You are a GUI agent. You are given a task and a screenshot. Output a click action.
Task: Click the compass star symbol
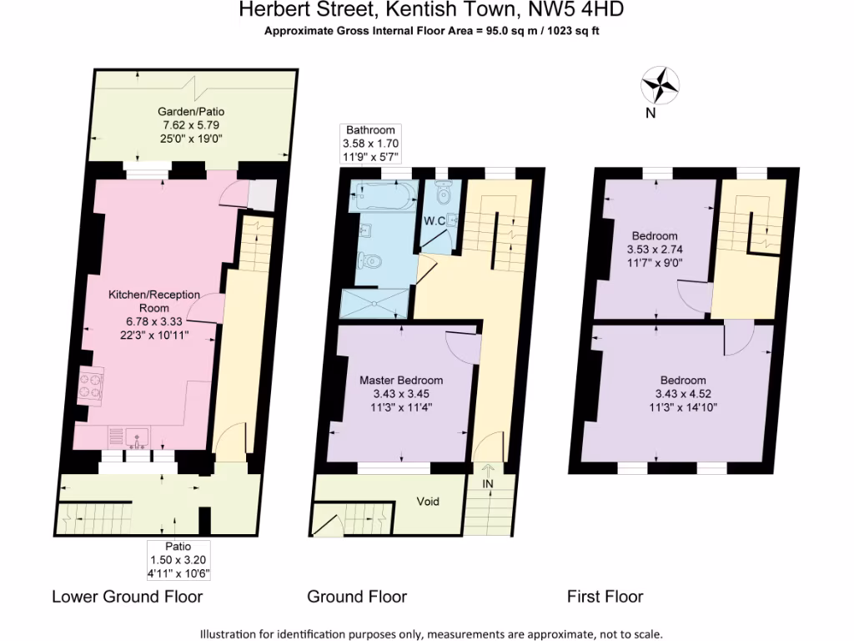click(660, 84)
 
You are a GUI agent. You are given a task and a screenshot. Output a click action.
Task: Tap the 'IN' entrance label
click(488, 484)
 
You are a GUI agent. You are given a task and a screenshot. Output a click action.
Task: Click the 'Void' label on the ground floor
click(427, 502)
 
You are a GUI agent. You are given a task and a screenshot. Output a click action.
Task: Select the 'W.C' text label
click(434, 221)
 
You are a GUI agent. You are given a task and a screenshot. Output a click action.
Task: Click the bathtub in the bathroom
click(384, 196)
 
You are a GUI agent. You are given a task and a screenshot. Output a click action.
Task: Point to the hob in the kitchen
click(90, 386)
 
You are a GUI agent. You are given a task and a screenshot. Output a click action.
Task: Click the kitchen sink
click(137, 437)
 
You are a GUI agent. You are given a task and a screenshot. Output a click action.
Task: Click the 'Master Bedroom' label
click(400, 380)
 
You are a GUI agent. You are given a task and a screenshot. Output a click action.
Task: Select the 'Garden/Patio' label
click(192, 111)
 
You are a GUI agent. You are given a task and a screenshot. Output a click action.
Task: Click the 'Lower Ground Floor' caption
click(127, 597)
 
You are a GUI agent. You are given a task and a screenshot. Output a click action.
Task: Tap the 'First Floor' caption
click(605, 597)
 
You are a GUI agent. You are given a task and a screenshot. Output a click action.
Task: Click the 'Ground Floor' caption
click(357, 597)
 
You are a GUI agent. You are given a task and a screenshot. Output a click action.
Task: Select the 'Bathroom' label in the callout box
click(370, 130)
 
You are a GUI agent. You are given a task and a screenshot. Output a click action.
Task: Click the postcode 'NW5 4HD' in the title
click(574, 10)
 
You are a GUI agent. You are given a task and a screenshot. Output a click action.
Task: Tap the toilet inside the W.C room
click(444, 194)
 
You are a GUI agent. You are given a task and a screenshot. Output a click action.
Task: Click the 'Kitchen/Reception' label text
click(153, 295)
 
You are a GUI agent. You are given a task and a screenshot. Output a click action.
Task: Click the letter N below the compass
click(651, 114)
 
